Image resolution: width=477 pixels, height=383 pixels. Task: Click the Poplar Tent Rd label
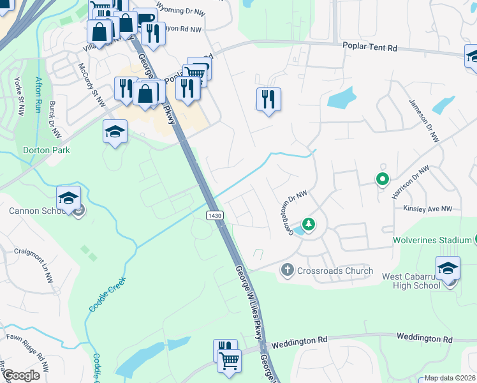[x=369, y=48]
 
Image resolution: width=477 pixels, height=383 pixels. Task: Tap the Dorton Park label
[x=47, y=151]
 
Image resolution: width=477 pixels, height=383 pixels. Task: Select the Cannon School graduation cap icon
[x=68, y=199]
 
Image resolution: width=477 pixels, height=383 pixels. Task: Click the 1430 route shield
[x=214, y=216]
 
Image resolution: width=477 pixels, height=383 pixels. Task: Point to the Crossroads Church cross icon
[x=287, y=271]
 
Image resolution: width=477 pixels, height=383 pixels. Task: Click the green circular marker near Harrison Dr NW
[x=382, y=179]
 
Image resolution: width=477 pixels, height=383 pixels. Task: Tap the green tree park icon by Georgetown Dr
[x=309, y=224]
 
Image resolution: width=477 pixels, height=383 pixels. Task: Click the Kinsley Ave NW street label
[x=427, y=209]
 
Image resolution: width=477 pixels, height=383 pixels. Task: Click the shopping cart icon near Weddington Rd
[x=229, y=359]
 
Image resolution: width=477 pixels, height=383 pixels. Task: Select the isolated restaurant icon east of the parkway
[x=268, y=99]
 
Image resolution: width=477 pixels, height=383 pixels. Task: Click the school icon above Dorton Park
[x=115, y=131]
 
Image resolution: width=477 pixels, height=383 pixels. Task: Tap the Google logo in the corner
[x=21, y=375]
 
